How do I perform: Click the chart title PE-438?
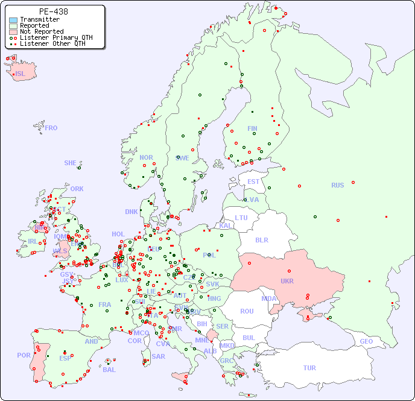[x=53, y=11]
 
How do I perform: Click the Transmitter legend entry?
[x=39, y=20]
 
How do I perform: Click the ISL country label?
[x=21, y=74]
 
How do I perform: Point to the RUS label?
[x=337, y=185]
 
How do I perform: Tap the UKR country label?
[x=287, y=281]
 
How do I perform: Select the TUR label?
[x=309, y=368]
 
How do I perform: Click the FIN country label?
[x=252, y=128]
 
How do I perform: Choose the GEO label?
[x=366, y=341]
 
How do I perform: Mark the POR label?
[x=24, y=355]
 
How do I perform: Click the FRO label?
[x=51, y=128]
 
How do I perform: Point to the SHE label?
[x=71, y=163]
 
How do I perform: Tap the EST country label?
[x=253, y=182]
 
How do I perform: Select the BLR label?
[x=262, y=239]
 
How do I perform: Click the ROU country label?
[x=247, y=311]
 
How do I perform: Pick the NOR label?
[x=146, y=157]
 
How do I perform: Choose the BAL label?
[x=109, y=370]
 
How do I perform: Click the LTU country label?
[x=241, y=218]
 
